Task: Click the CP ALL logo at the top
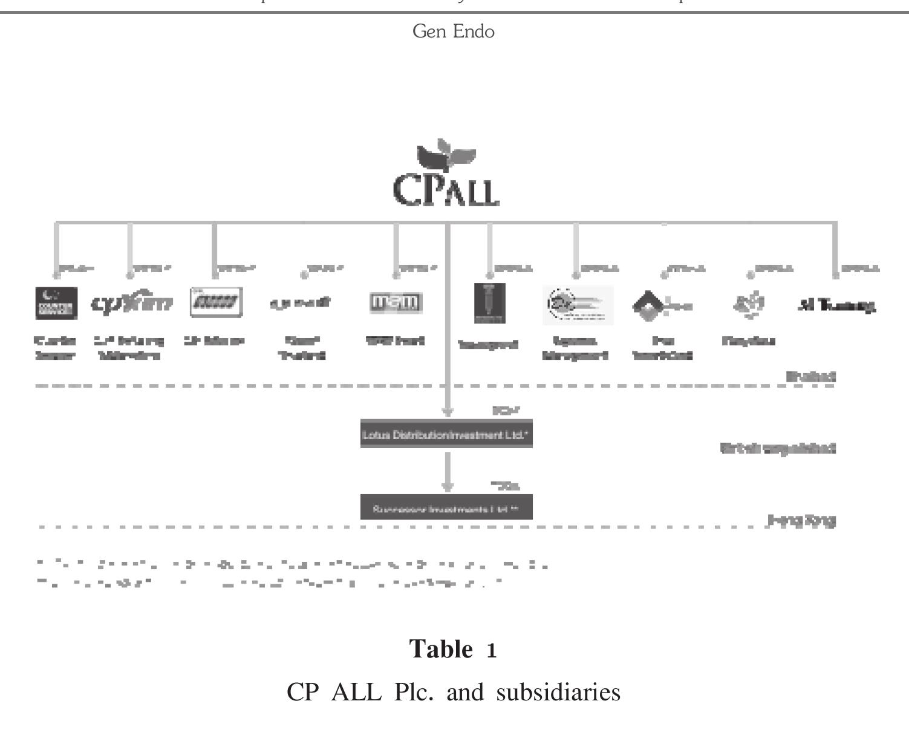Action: (446, 175)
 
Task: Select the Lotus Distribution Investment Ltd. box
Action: (446, 434)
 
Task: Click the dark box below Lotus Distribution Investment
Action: (446, 507)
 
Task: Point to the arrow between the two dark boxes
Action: (447, 471)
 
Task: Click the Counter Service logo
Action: (56, 303)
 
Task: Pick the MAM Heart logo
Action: (396, 302)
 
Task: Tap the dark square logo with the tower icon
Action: (489, 303)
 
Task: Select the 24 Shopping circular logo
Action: (578, 304)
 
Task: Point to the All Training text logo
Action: (836, 306)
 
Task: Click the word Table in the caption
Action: (441, 649)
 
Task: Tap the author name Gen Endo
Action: (453, 31)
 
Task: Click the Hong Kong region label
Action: (801, 520)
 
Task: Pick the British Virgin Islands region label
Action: (778, 448)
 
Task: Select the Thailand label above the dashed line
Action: (810, 376)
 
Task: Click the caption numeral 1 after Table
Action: (492, 651)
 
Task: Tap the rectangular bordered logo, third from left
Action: (216, 302)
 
